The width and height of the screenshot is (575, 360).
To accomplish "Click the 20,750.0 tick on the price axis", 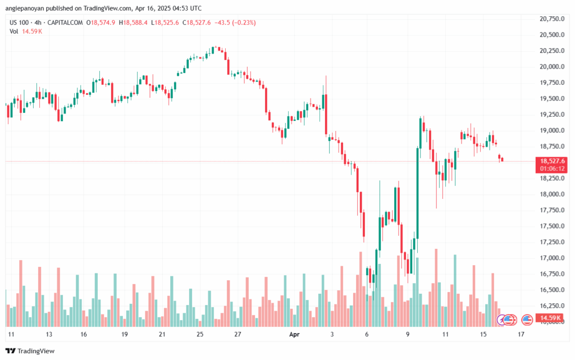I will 551,19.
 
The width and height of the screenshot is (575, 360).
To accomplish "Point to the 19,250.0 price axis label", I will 551,115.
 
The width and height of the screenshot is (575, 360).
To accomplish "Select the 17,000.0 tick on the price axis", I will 551,258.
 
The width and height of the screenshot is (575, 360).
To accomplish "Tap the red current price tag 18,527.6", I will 551,161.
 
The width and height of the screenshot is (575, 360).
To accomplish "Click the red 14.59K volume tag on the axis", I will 550,318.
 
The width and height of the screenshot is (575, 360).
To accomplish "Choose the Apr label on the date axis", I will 294,334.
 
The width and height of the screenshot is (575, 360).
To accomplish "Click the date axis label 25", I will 199,334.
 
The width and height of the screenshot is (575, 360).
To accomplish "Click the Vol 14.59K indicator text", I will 26,31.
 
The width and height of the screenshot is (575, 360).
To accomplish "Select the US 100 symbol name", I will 19,22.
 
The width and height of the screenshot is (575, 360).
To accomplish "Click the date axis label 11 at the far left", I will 10,334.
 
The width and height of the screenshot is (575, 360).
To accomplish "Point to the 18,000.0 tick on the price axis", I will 551,194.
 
